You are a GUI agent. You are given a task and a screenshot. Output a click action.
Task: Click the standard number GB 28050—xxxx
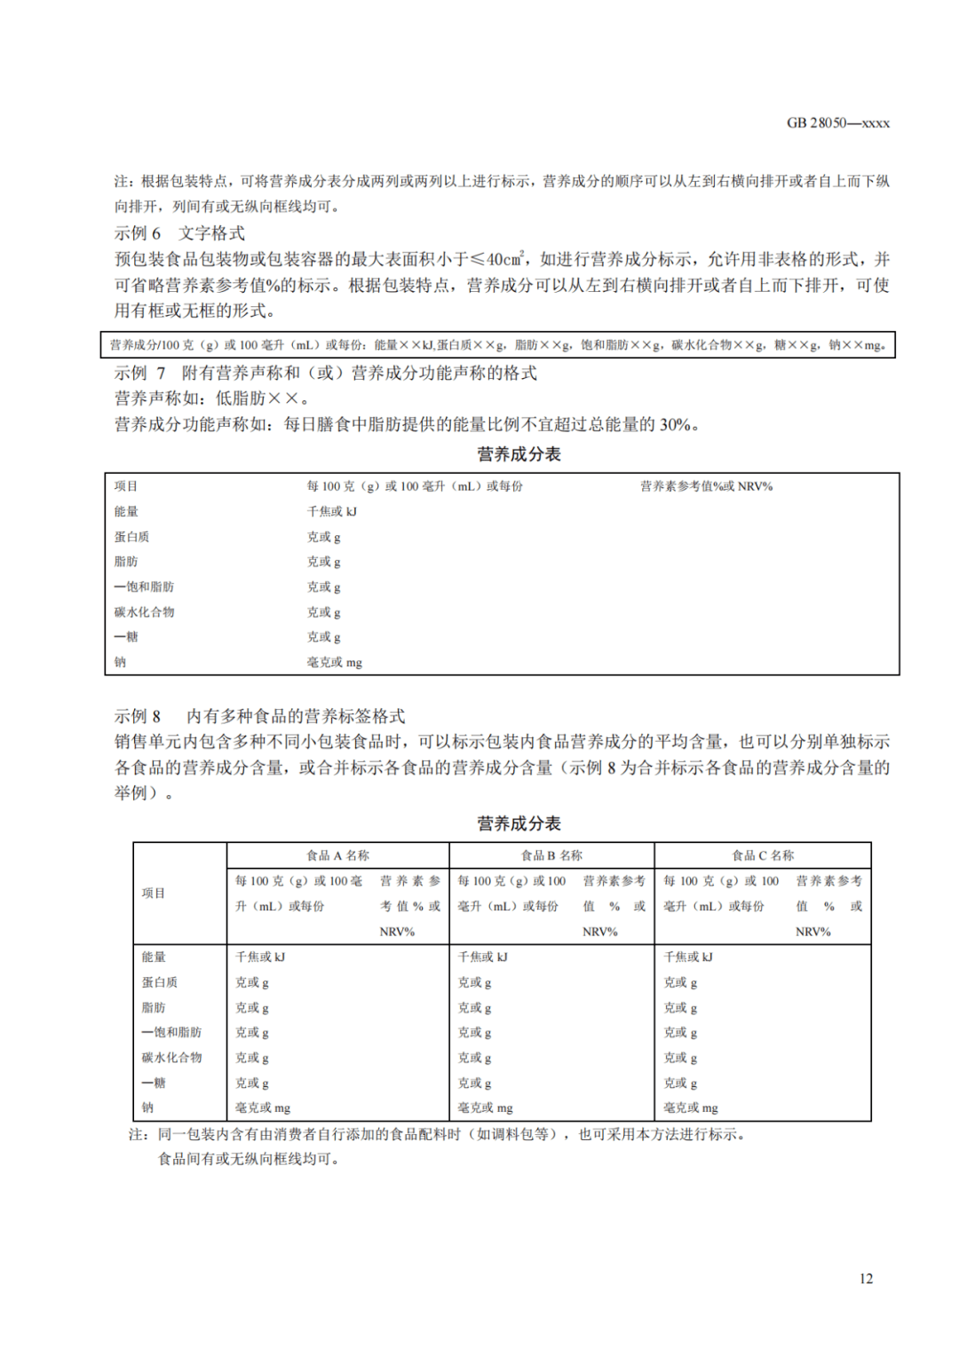(837, 122)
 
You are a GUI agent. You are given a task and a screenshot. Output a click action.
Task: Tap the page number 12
(866, 1278)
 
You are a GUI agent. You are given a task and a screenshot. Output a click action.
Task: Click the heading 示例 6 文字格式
(179, 233)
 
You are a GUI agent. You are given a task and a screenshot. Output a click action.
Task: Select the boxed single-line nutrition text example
(498, 344)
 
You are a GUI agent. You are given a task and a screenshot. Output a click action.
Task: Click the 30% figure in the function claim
(675, 424)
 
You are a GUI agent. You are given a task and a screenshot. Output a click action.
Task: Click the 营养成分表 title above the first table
(519, 454)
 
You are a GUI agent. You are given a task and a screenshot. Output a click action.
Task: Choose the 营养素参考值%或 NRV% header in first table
(706, 486)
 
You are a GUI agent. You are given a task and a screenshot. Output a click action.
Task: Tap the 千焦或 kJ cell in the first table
(331, 511)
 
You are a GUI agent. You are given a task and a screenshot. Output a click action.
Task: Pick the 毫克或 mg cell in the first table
(334, 662)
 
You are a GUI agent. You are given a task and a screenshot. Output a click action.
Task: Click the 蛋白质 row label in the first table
(131, 537)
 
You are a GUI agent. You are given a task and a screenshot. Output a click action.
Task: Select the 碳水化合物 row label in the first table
(144, 612)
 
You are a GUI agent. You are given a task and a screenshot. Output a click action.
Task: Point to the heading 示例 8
(138, 716)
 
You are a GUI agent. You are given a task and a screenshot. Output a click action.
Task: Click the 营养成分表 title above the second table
(519, 823)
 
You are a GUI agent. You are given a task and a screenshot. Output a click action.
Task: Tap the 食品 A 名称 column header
(337, 855)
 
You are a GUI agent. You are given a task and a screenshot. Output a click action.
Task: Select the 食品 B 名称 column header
(551, 855)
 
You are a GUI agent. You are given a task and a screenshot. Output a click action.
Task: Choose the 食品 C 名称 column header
(763, 855)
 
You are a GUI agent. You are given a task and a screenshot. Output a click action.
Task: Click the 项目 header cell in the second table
(154, 893)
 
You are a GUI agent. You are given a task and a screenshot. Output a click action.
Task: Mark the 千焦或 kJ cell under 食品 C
(688, 957)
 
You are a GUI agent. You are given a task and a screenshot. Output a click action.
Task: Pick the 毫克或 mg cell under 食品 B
(485, 1107)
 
